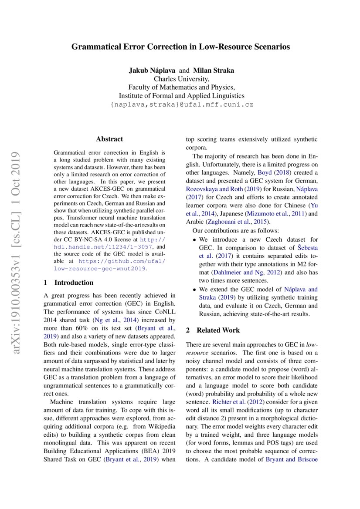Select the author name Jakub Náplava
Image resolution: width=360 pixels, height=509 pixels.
(x=152, y=70)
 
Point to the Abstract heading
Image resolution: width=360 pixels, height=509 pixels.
(x=109, y=139)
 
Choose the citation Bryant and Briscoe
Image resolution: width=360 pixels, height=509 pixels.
(x=291, y=459)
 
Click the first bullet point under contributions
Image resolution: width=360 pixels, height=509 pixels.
(x=194, y=239)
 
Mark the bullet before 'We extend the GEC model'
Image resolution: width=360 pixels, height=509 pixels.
(x=194, y=289)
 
